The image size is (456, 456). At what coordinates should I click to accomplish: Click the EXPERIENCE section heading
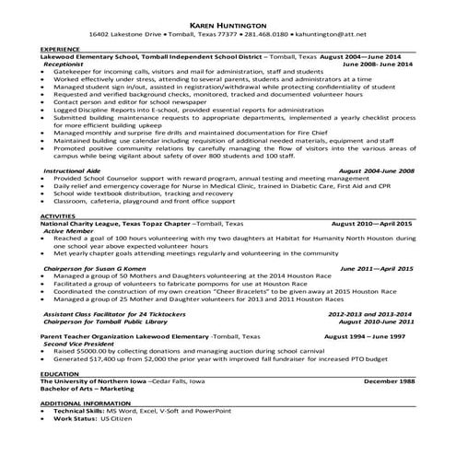tap(59, 48)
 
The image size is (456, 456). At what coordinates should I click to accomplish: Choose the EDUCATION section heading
tap(57, 373)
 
